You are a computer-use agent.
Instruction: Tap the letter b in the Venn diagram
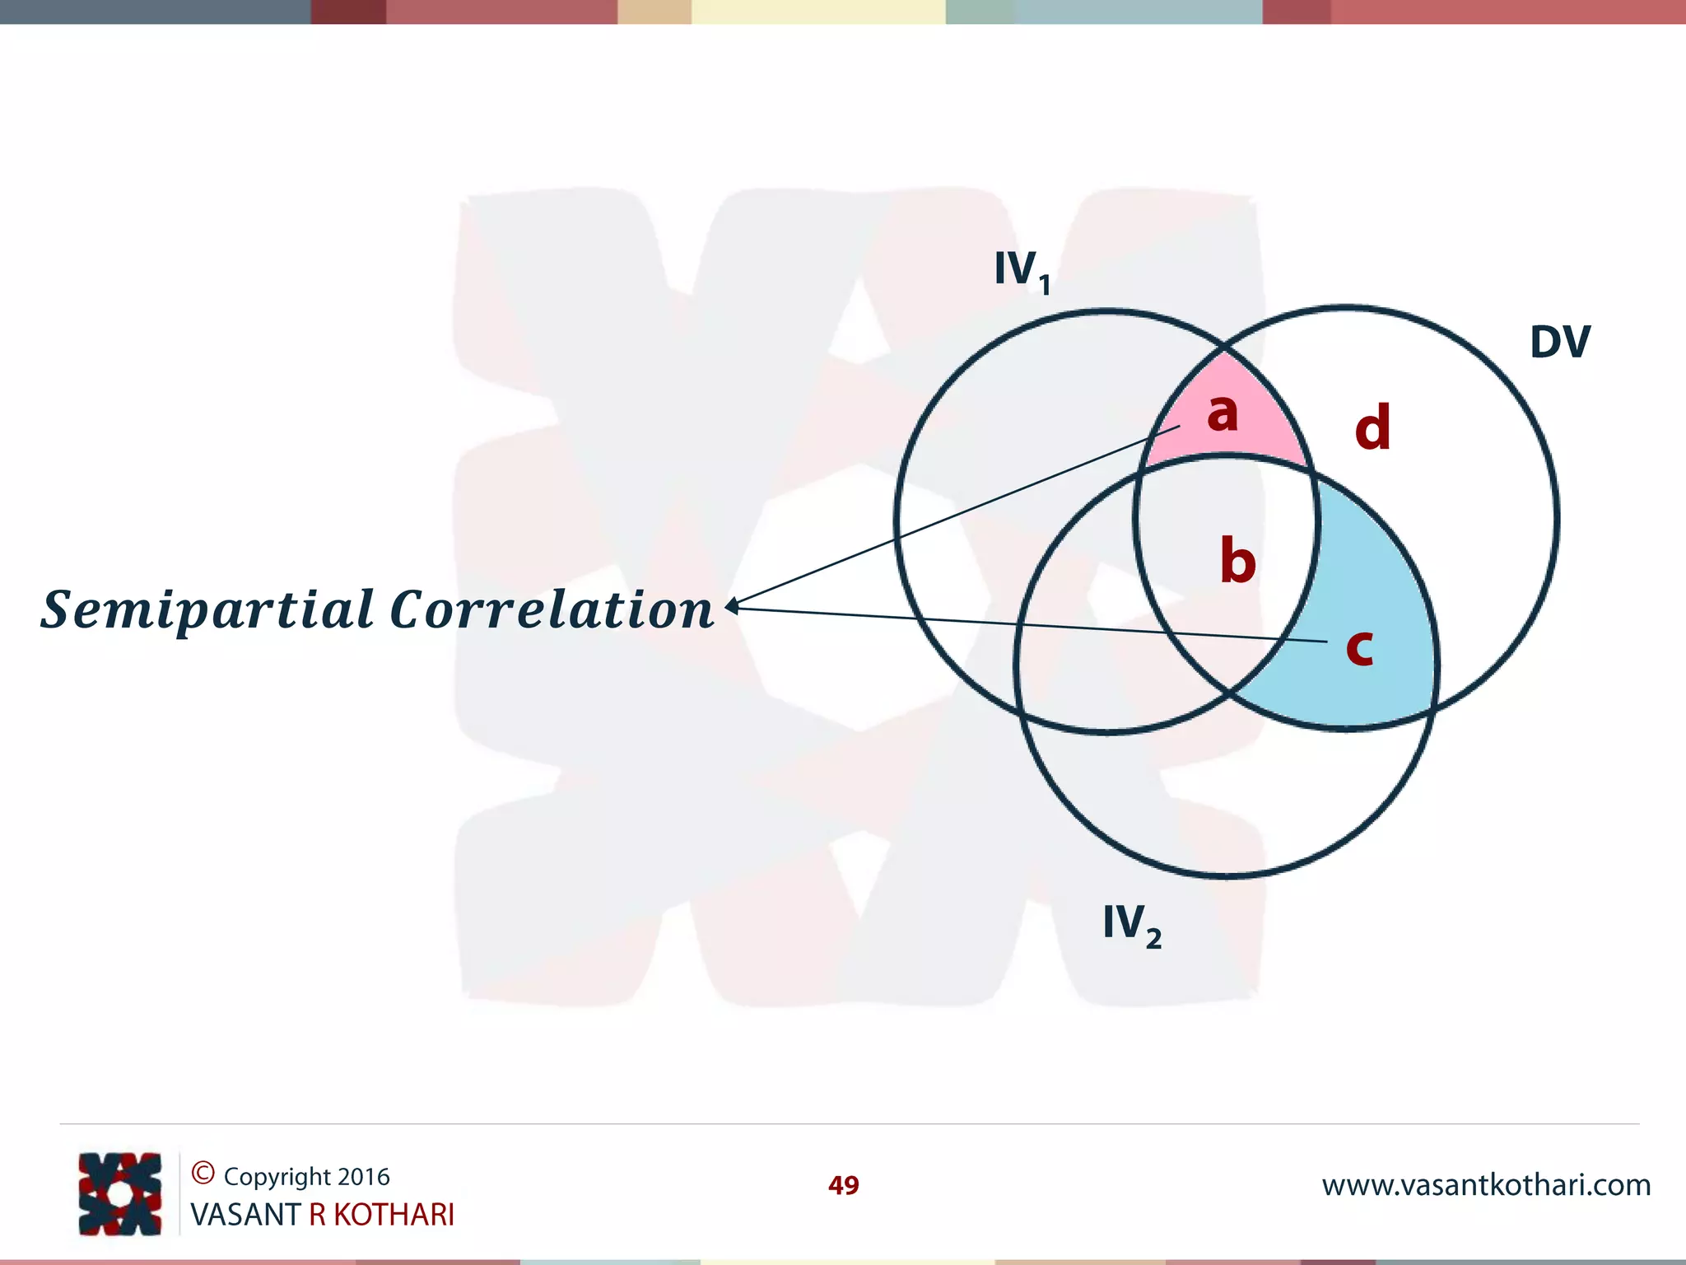pos(1237,561)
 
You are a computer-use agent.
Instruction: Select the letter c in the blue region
pos(1359,647)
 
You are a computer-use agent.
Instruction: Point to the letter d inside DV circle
pos(1372,428)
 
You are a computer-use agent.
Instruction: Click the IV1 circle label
pos(1022,271)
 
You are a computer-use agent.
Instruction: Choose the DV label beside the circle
pos(1559,342)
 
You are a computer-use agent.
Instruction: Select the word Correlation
pos(551,610)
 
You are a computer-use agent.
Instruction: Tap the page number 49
pos(843,1185)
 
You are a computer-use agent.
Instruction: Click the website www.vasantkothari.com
pos(1486,1185)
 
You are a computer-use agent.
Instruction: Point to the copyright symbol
pos(203,1173)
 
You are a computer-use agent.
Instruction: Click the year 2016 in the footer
pos(363,1177)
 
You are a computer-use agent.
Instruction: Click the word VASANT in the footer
pos(245,1215)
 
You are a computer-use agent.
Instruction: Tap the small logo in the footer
pos(120,1193)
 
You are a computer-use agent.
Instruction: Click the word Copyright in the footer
pos(277,1177)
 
